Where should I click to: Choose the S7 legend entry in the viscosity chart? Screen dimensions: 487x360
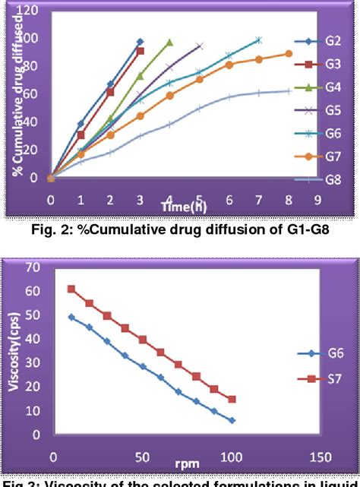click(x=330, y=378)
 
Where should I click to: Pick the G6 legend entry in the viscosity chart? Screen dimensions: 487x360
click(x=330, y=353)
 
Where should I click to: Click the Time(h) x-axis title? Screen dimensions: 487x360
click(x=183, y=207)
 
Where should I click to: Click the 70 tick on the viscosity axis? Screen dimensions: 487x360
click(x=34, y=267)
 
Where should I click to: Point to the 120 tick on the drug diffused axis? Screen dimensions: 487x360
click(x=29, y=11)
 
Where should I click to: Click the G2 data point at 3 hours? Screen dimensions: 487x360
click(x=140, y=42)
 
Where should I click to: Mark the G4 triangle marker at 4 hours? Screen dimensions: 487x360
click(x=169, y=43)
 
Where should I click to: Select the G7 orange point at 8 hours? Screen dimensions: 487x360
click(x=289, y=53)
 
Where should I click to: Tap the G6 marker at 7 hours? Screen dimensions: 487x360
click(x=259, y=40)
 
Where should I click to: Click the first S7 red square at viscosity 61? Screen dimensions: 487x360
click(x=71, y=289)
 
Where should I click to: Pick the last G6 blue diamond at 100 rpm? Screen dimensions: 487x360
click(x=232, y=420)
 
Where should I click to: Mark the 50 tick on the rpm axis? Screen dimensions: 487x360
click(x=142, y=458)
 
